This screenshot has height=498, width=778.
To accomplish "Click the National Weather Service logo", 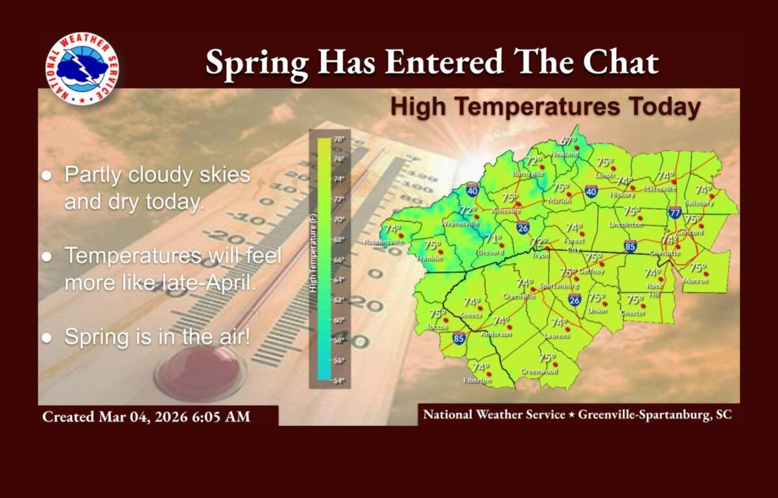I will [82, 69].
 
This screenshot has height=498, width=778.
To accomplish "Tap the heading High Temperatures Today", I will [545, 107].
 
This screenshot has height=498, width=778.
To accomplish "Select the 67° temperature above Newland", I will [568, 141].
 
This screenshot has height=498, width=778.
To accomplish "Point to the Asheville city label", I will [506, 211].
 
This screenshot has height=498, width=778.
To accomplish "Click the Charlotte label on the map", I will [665, 253].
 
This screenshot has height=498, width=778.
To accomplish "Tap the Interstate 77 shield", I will [675, 212].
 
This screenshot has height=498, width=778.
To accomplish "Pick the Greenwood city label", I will [539, 372].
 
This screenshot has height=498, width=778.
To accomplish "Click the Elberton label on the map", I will [477, 381].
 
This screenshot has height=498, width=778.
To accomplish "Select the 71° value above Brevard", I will [493, 238].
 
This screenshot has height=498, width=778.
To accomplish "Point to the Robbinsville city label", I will [383, 242].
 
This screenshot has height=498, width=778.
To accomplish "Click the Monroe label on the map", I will [696, 281].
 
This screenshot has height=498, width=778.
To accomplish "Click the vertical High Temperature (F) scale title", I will [313, 255].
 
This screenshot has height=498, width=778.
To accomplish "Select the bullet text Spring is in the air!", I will [156, 337].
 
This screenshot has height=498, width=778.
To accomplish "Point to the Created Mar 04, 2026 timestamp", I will [146, 416].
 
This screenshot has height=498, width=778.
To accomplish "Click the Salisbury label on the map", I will [698, 203].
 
